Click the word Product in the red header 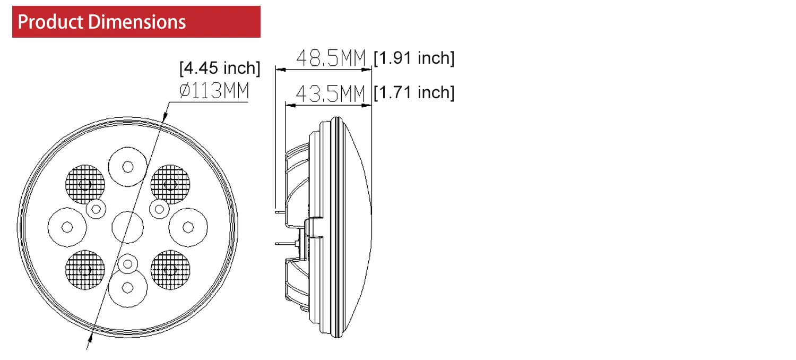click(x=50, y=22)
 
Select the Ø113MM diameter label click(x=214, y=92)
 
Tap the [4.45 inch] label click(x=220, y=68)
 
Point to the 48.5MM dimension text click(x=332, y=58)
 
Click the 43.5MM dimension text click(x=330, y=94)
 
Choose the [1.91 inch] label click(x=414, y=58)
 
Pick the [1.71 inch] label click(x=414, y=92)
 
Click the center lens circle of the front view click(x=127, y=227)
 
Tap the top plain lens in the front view click(x=127, y=166)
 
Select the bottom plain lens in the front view click(x=127, y=287)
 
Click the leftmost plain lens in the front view click(x=67, y=227)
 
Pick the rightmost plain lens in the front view click(x=188, y=227)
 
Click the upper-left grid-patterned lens click(x=85, y=184)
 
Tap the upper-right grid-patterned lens click(x=170, y=184)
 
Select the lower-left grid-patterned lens click(x=85, y=270)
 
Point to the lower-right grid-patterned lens click(x=170, y=270)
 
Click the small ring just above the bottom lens click(x=127, y=262)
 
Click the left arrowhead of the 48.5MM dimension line click(x=278, y=69)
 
